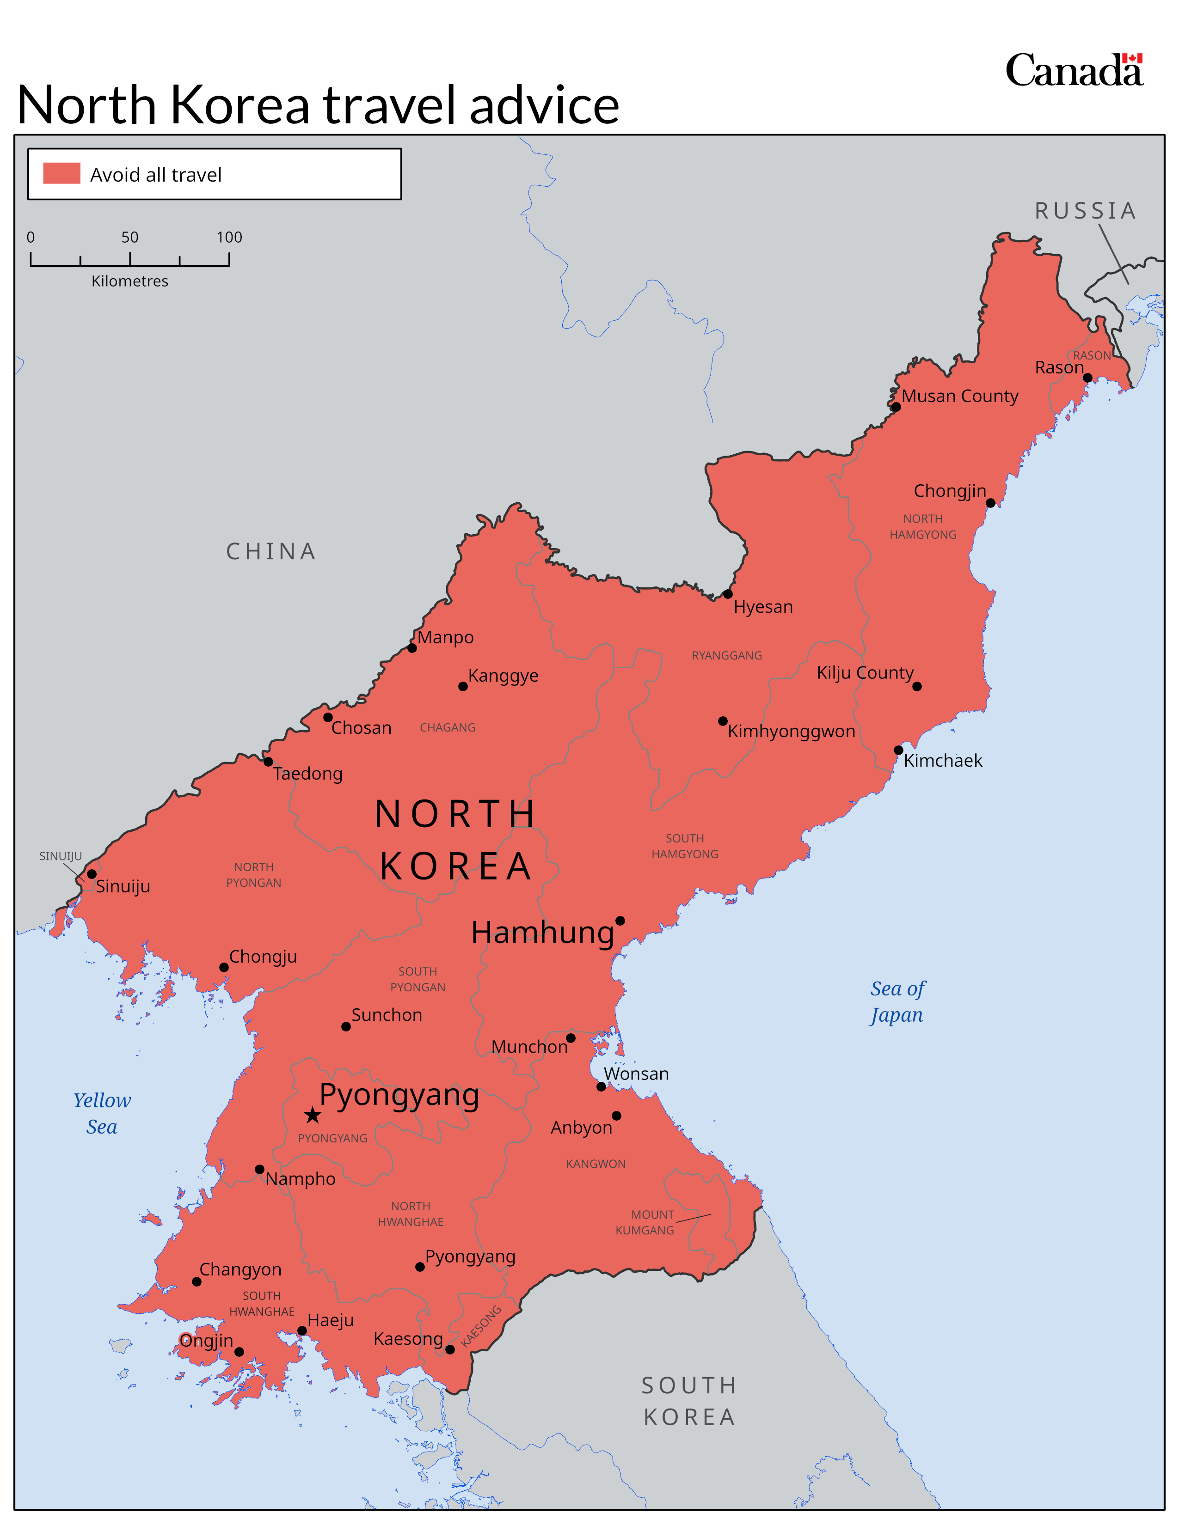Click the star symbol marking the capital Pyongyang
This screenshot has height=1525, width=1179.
coord(312,1115)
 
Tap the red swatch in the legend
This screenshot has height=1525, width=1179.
coord(61,173)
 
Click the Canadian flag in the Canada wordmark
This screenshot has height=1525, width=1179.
coord(1132,59)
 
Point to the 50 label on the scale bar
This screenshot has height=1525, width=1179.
coord(130,238)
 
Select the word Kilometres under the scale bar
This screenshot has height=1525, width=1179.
coord(130,281)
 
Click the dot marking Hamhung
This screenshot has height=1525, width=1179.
coord(620,920)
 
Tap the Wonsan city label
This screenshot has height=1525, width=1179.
coord(636,1074)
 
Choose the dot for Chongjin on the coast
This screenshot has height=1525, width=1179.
coord(990,503)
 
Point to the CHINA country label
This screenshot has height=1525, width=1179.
coord(271,552)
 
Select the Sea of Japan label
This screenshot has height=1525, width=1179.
coord(897,1002)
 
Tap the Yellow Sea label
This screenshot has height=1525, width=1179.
coord(102,1114)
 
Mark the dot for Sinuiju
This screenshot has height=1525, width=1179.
coord(92,873)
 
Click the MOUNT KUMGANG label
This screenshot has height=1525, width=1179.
coord(645,1223)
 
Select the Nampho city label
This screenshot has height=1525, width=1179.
coord(301,1179)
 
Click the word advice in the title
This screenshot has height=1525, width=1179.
coord(544,105)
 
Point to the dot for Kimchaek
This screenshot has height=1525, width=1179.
coord(898,750)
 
